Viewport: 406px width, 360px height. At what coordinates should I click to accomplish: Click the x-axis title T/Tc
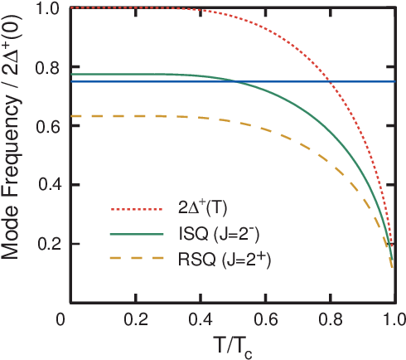[229, 344]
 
